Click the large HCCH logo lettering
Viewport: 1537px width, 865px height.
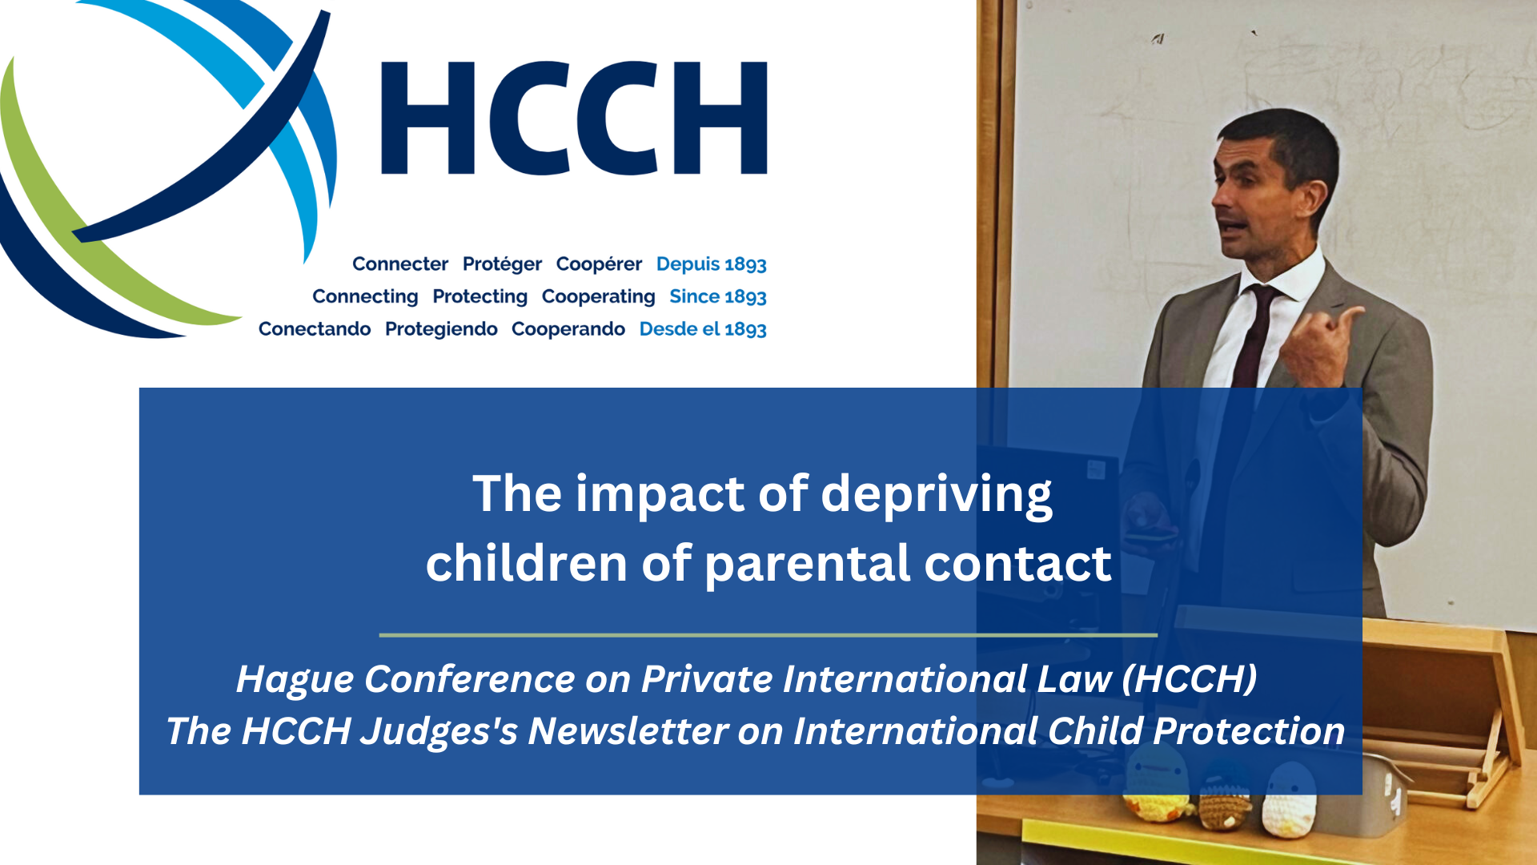click(x=574, y=118)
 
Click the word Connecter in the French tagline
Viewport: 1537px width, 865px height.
click(x=400, y=264)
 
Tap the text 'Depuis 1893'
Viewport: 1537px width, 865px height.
click(x=712, y=264)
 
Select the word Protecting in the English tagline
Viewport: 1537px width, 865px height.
click(x=480, y=296)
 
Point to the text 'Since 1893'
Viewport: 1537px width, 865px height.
click(x=718, y=296)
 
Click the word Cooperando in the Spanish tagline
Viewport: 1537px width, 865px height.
click(x=568, y=329)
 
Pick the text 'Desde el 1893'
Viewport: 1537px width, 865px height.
click(x=703, y=329)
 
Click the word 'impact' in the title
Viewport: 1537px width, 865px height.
click(x=660, y=494)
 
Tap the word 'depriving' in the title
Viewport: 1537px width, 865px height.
click(x=937, y=494)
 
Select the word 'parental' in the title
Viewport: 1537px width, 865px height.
click(x=808, y=564)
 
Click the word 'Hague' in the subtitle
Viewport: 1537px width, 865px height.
click(x=295, y=680)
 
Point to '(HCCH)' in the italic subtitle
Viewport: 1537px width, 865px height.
click(x=1190, y=679)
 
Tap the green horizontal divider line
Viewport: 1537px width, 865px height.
click(x=768, y=635)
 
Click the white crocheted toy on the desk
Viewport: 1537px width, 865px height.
click(x=1289, y=801)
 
